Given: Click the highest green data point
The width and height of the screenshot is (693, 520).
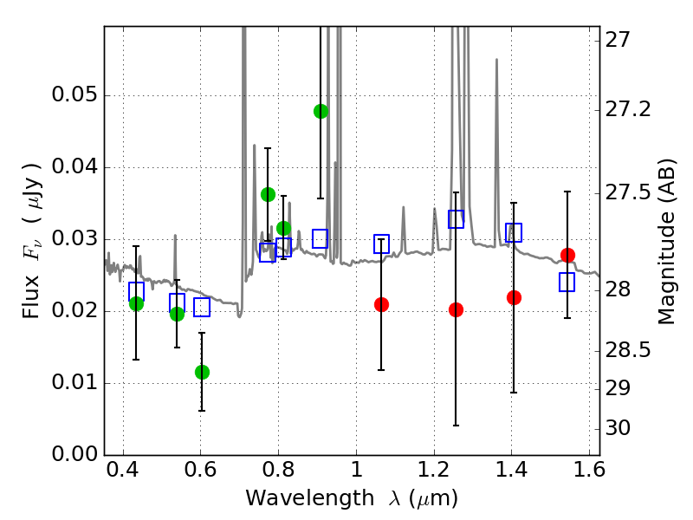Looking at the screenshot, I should pos(321,111).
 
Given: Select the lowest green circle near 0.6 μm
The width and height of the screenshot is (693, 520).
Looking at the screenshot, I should pos(202,372).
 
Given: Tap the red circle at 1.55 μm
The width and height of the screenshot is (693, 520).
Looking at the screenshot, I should pos(567,255).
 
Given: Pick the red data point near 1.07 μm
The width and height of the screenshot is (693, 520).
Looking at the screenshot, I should pos(381,304).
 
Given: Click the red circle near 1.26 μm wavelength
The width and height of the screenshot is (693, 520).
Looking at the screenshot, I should pos(456,309).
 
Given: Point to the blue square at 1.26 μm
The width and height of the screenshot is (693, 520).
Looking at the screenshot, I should pos(456,219).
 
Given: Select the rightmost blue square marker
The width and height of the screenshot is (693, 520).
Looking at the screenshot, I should pos(567,282).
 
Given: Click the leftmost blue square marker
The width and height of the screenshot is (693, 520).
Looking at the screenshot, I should pos(136,291).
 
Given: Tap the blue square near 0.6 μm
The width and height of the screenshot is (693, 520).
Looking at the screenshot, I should pos(202,307).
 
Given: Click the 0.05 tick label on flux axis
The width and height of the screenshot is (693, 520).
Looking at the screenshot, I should pos(74,95).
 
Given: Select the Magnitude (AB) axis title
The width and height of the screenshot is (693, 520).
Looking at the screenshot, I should pos(667,241).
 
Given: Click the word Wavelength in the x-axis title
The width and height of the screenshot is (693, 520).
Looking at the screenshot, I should pos(294,498).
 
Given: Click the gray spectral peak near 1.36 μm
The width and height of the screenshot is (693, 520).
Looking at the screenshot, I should pos(496,61).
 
